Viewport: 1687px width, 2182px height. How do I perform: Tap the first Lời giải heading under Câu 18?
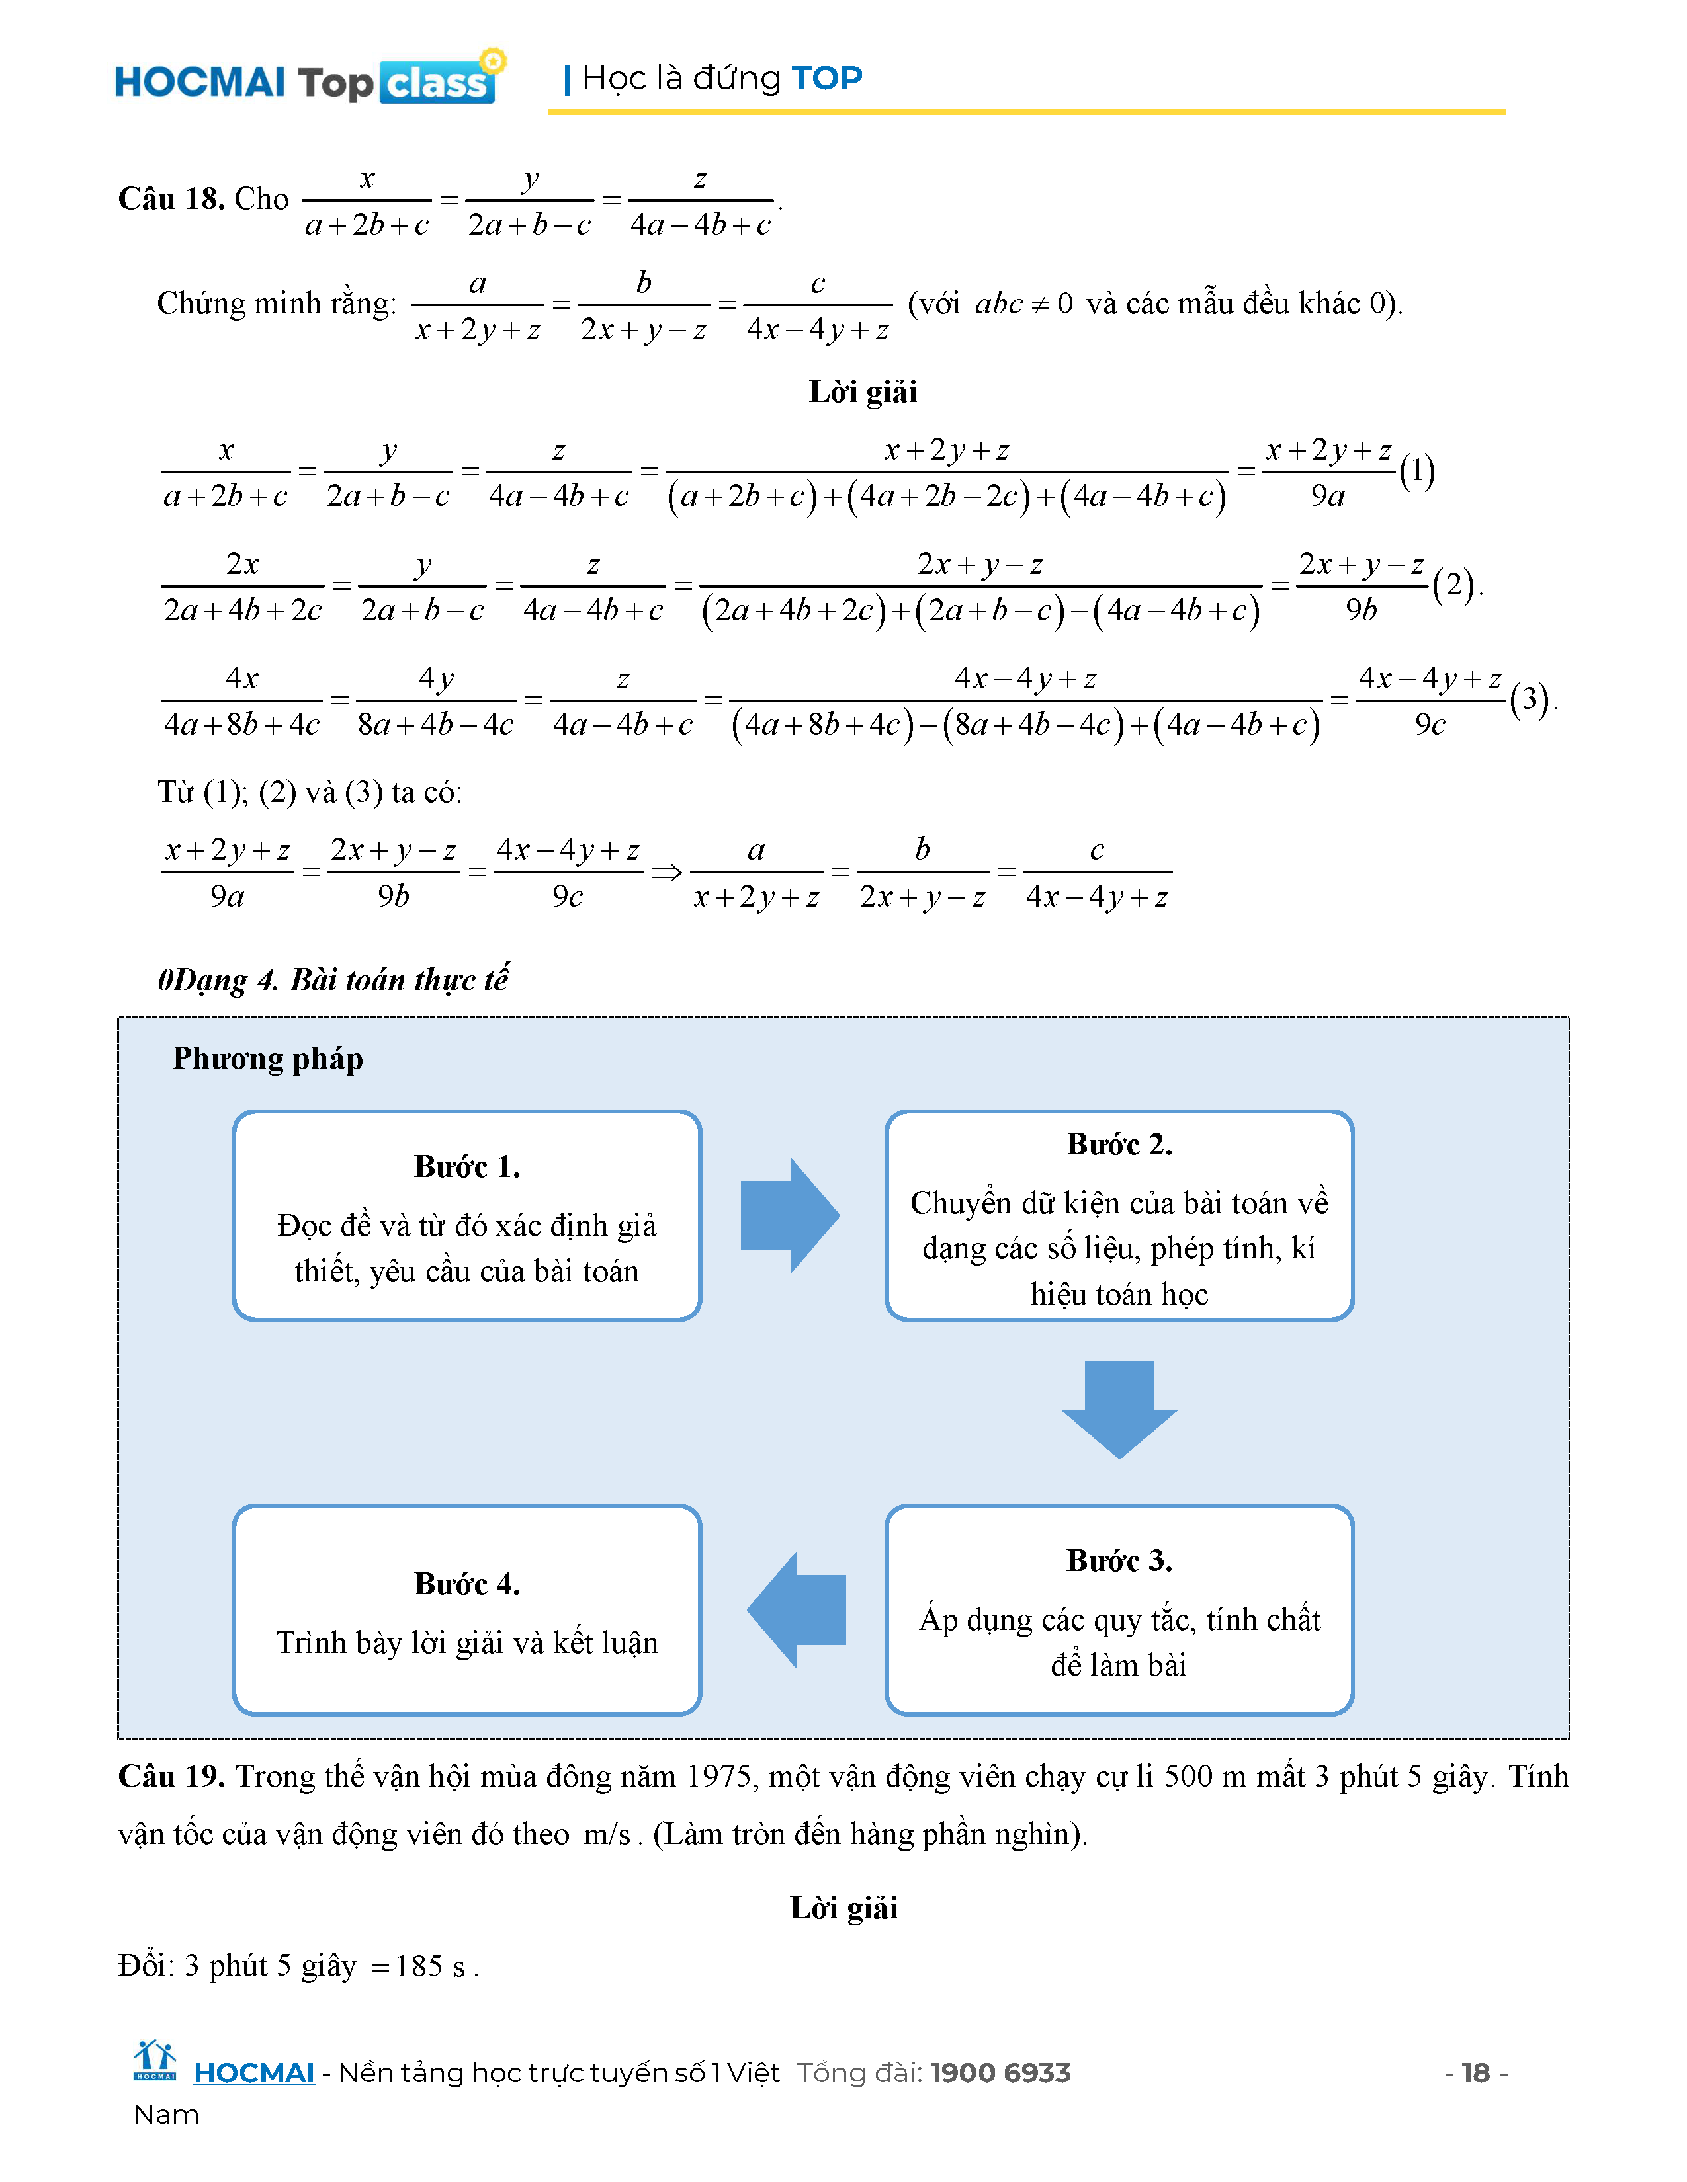[x=863, y=391]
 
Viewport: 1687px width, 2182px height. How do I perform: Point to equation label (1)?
[x=1416, y=471]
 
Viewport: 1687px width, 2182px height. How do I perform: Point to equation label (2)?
[x=1453, y=585]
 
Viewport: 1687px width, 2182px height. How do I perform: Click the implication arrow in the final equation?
[x=667, y=873]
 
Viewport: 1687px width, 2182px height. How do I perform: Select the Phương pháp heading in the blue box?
[x=268, y=1058]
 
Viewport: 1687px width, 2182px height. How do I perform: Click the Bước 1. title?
[x=466, y=1167]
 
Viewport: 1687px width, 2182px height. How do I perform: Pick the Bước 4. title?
[x=466, y=1584]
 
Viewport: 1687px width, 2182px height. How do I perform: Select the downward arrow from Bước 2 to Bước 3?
[x=1119, y=1408]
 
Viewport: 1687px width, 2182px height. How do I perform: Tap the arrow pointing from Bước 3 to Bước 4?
[x=797, y=1609]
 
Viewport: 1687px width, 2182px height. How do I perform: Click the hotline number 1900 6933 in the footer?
[x=1000, y=2073]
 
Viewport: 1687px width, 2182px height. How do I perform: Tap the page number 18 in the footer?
[x=1475, y=2073]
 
